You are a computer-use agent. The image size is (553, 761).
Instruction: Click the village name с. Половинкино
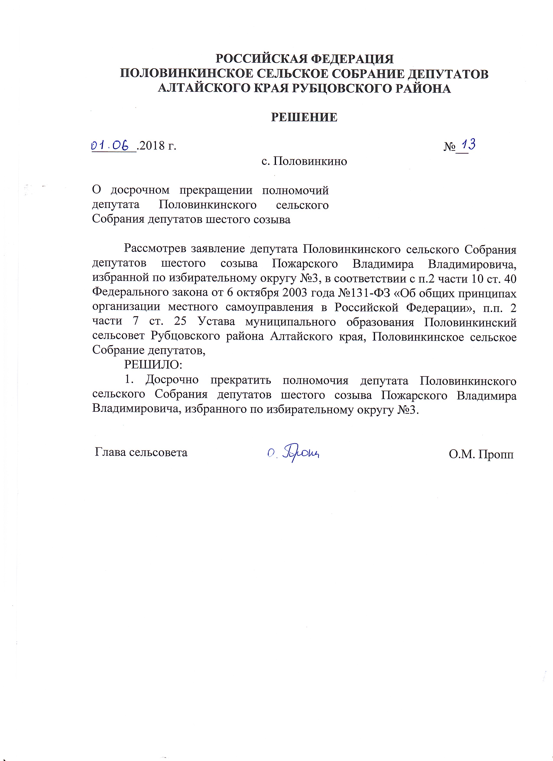coord(304,162)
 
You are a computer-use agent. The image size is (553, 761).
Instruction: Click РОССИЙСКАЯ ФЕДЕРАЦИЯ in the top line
coord(304,59)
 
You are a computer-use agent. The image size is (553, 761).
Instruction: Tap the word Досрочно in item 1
coord(172,380)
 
